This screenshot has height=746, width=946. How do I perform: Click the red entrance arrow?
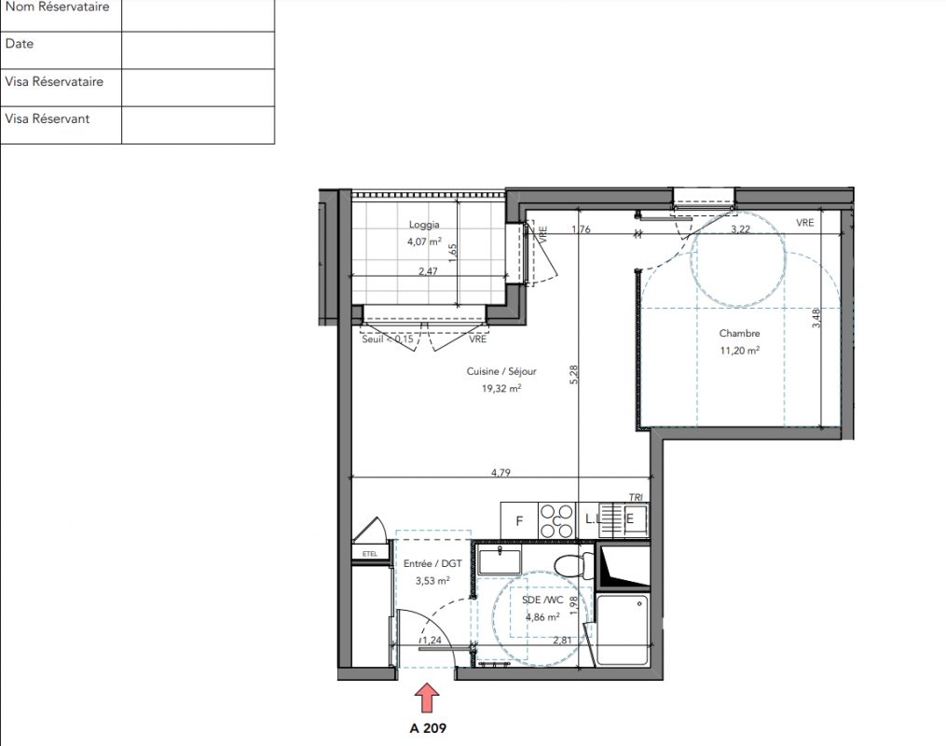(427, 698)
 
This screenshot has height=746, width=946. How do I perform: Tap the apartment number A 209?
(428, 728)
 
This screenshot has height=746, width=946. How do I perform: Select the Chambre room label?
(739, 333)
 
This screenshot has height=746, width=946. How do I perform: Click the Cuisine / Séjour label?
(501, 371)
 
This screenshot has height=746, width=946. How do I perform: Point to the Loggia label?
(424, 225)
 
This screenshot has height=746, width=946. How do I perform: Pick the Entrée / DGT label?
(432, 564)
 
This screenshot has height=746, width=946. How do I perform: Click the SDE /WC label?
(542, 600)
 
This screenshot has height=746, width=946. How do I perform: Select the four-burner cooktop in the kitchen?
(556, 521)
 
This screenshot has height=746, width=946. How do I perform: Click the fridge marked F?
(519, 521)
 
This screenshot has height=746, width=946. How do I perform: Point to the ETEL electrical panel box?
(370, 554)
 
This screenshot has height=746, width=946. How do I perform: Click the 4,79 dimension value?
(500, 473)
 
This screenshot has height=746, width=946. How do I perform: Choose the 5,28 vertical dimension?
(573, 374)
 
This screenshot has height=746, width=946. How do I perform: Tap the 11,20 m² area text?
(740, 350)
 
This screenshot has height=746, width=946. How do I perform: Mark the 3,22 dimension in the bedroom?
(740, 228)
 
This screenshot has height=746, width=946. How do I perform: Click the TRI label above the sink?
(636, 497)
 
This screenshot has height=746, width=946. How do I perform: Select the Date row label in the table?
(20, 44)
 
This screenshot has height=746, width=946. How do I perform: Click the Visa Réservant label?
(47, 119)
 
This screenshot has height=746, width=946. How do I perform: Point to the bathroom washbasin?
(500, 560)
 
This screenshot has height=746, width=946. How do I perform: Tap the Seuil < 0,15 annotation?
(388, 339)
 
